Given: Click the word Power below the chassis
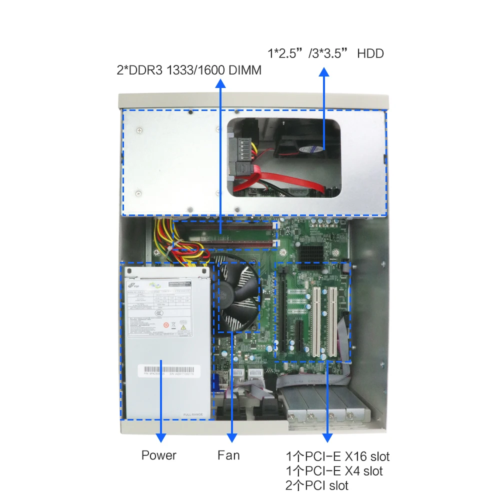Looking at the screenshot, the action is click(159, 455).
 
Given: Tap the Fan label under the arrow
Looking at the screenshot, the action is click(228, 455).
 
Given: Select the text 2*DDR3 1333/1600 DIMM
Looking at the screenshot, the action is click(189, 70).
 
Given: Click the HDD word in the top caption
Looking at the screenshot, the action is click(370, 53).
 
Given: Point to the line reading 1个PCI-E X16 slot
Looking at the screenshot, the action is click(337, 456).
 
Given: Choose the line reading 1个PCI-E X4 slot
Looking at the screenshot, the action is click(334, 470).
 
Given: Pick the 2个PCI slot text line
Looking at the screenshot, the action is click(317, 485).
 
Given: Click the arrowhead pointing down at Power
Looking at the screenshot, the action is click(161, 437).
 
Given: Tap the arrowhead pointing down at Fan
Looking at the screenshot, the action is click(232, 437).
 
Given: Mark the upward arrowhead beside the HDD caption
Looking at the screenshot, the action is click(324, 72).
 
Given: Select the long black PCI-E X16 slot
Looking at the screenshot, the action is click(282, 310).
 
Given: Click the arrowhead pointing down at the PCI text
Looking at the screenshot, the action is click(327, 437).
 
